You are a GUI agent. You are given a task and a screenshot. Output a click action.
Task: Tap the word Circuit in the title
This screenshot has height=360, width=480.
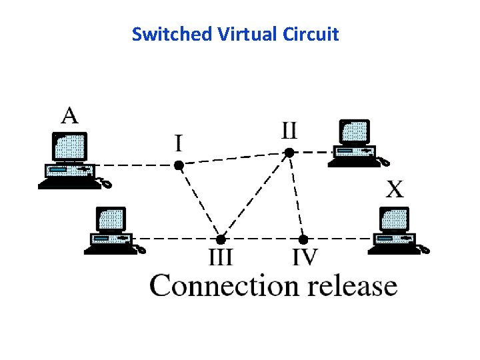coord(312,34)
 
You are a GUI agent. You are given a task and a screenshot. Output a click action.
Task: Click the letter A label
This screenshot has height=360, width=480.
coord(70,115)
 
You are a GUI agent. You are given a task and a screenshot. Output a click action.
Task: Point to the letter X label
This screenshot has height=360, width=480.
coord(395,190)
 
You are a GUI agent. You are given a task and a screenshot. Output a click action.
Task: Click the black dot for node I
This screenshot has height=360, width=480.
coord(179,165)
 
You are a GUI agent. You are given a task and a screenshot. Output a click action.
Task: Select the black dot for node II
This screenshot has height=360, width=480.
coord(289,153)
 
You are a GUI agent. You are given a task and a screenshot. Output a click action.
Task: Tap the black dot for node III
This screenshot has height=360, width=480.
coord(221,239)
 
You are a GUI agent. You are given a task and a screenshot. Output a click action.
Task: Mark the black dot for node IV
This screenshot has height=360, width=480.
coord(303,239)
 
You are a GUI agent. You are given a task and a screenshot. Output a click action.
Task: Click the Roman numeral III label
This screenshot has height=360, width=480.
coord(221,257)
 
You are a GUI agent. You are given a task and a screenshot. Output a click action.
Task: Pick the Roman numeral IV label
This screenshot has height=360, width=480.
coord(305,257)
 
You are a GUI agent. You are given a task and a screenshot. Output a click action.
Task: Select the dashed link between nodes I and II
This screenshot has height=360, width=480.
coord(233,159)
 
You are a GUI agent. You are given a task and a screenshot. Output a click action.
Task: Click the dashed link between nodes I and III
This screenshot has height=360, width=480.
coord(199,201)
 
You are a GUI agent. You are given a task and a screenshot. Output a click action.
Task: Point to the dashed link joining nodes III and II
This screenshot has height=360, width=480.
coord(255,196)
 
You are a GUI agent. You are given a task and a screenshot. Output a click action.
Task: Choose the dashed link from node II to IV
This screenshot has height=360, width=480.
coord(296,196)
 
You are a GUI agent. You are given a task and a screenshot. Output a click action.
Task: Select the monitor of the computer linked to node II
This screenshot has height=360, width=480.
coord(354,132)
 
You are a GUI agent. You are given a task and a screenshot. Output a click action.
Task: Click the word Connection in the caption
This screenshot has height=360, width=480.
coord(223,286)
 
